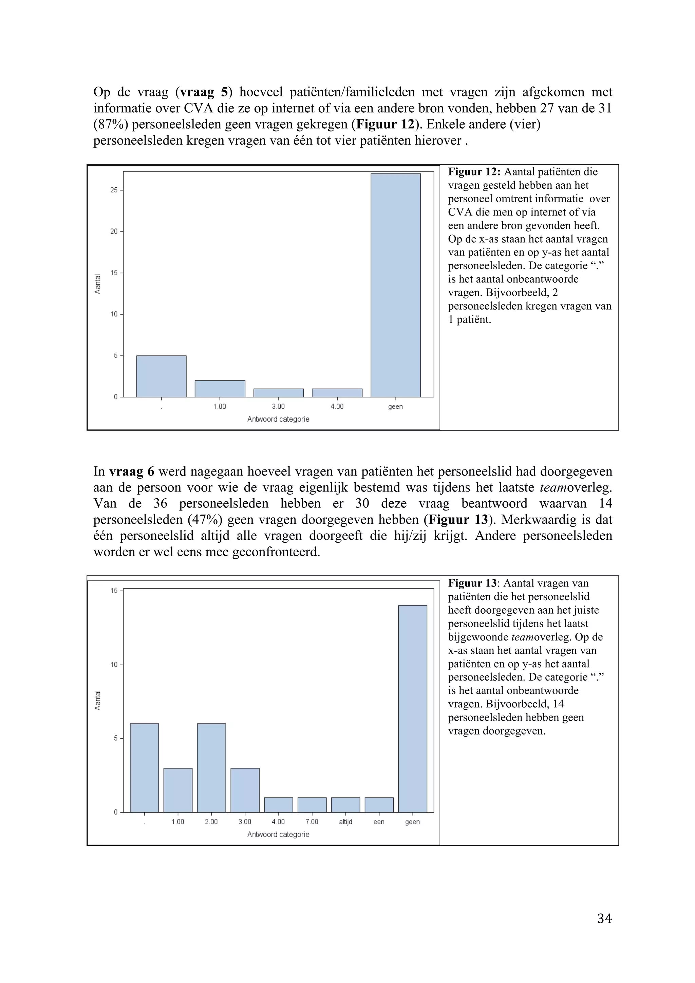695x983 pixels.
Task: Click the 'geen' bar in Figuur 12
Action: (395, 285)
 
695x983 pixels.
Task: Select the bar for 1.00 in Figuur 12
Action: (220, 389)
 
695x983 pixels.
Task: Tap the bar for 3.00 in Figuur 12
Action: (278, 393)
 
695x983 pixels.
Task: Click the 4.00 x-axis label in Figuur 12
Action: (337, 407)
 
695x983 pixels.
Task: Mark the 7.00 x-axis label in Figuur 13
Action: (312, 822)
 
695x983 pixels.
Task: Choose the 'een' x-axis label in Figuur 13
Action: (379, 822)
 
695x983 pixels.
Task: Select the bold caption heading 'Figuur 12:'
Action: (474, 172)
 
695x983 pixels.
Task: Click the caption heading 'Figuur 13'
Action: (472, 583)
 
